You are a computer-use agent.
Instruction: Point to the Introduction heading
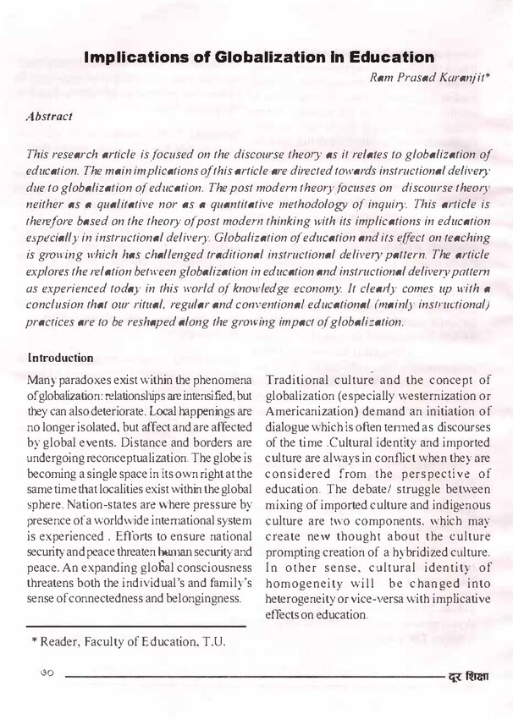point(60,358)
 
